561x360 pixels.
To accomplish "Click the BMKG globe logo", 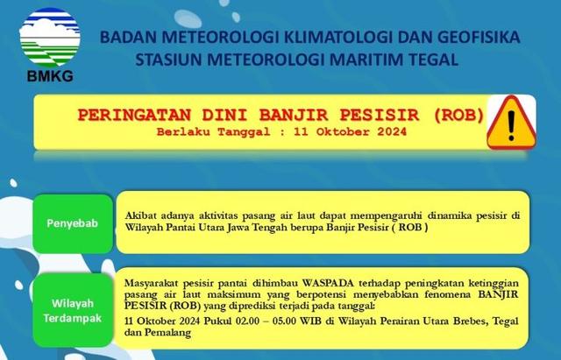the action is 50,37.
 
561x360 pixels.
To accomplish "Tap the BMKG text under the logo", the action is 50,76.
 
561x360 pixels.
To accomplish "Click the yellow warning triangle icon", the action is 511,123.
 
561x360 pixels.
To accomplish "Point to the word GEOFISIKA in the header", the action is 479,37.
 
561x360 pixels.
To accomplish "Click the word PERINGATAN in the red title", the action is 134,115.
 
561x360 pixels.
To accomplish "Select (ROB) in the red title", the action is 458,115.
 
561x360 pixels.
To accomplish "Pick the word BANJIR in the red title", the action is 294,115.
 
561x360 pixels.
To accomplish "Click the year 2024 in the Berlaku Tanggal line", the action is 392,132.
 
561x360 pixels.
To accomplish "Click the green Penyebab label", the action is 73,223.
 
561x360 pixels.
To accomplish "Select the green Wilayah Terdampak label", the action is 73,311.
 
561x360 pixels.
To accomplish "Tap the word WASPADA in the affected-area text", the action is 328,283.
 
